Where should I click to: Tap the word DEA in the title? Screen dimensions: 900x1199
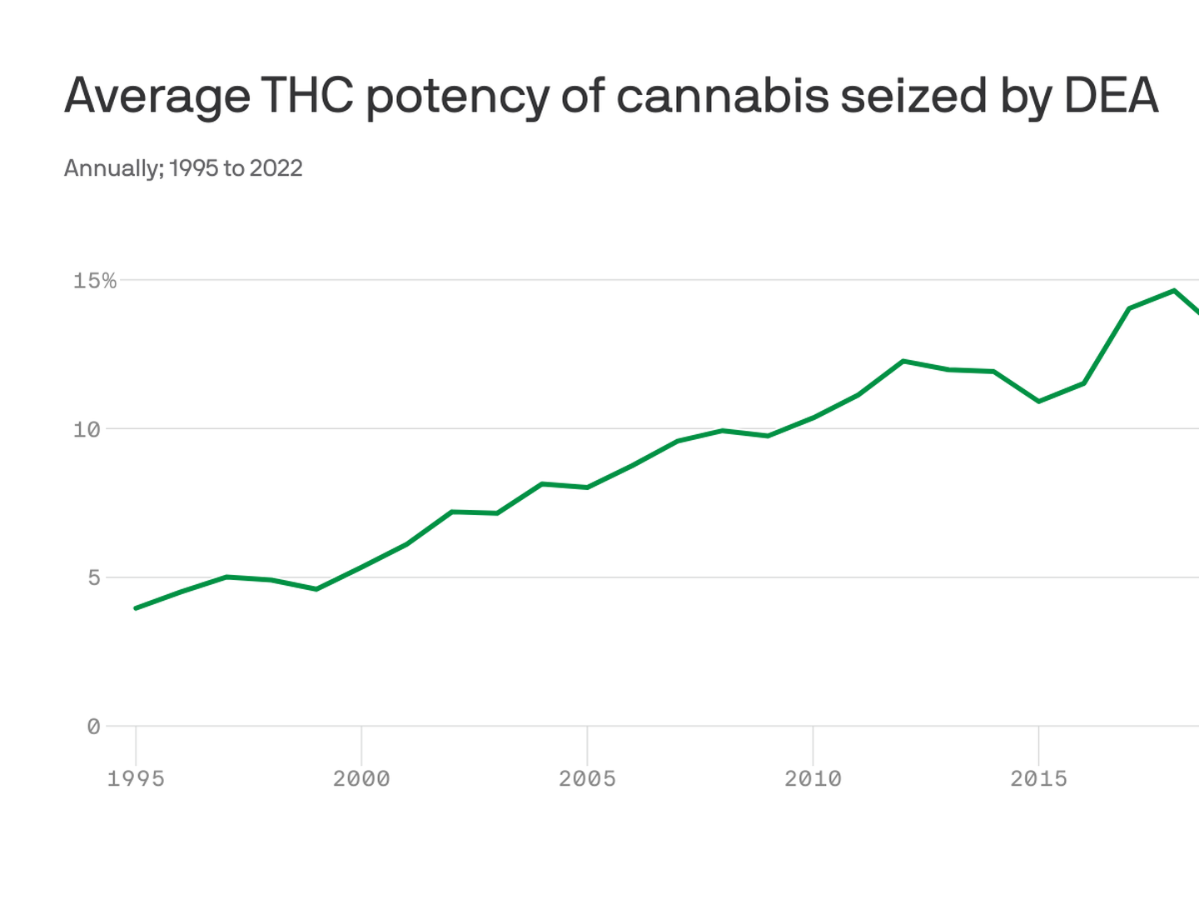coord(1111,95)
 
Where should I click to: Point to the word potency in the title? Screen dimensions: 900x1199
coord(457,97)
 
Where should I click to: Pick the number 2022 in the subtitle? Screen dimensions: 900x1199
coord(276,168)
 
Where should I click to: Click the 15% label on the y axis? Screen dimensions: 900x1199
coord(94,281)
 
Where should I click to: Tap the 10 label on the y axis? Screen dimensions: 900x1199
coord(86,430)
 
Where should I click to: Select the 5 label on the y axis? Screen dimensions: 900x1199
coord(93,578)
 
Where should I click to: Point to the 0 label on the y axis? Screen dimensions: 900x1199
coord(93,727)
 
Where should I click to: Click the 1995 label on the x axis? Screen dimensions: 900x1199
coord(136,778)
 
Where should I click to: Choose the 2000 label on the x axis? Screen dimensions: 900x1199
coord(361,778)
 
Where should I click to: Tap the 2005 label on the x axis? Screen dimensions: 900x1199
coord(587,778)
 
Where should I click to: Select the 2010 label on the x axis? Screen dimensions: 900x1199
coord(813,778)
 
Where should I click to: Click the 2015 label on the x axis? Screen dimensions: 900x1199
coord(1038,778)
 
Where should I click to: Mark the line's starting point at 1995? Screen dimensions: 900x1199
coord(136,608)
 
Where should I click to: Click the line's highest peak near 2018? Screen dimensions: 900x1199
coord(1174,291)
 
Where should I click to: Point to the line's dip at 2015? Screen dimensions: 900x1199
coord(1038,402)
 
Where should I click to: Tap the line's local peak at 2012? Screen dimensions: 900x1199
coord(903,361)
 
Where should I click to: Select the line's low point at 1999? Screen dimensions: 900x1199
coord(316,589)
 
